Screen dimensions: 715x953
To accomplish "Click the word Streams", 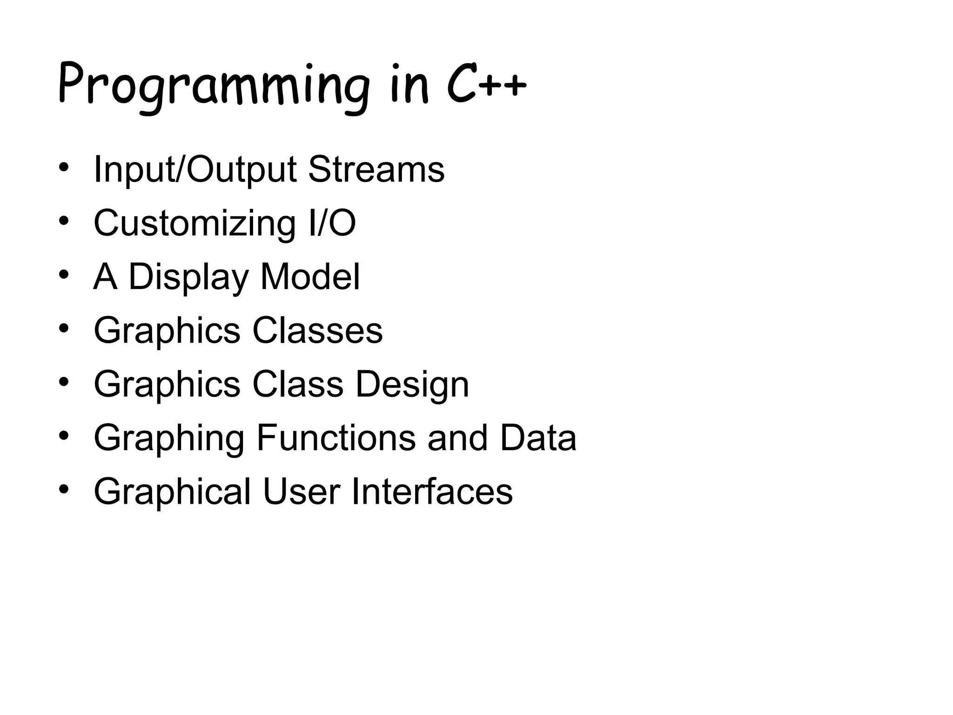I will click(376, 169).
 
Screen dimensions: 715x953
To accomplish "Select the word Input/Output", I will click(195, 170).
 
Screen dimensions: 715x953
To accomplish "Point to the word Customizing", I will click(195, 224).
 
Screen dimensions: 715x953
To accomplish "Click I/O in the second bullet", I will click(332, 223).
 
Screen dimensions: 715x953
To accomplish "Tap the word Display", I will click(188, 277).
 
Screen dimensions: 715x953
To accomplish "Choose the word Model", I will click(310, 277).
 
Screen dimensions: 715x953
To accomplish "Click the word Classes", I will click(317, 331).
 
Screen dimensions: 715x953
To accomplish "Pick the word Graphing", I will click(169, 439).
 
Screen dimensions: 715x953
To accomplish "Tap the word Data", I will click(538, 438).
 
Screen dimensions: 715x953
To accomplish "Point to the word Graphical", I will click(172, 492).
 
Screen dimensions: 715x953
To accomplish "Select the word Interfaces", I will click(432, 492).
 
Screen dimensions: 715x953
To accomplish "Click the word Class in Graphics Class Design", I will click(298, 384).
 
